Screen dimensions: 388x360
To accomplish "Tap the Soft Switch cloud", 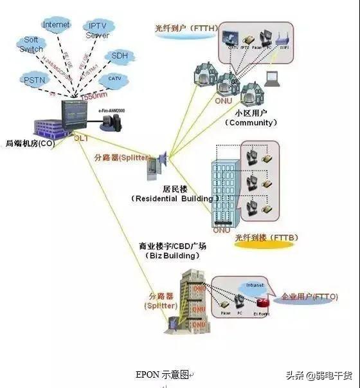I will pyautogui.click(x=31, y=44).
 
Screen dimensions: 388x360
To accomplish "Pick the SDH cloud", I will pyautogui.click(x=120, y=56).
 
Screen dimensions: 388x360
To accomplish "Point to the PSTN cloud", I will pyautogui.click(x=33, y=81).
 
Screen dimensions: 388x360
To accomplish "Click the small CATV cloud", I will pyautogui.click(x=114, y=79).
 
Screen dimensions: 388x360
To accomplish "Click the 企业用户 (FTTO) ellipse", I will pyautogui.click(x=305, y=298).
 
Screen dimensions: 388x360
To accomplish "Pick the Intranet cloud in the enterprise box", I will pyautogui.click(x=255, y=285).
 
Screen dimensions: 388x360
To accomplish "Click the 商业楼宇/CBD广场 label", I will pyautogui.click(x=168, y=246).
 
